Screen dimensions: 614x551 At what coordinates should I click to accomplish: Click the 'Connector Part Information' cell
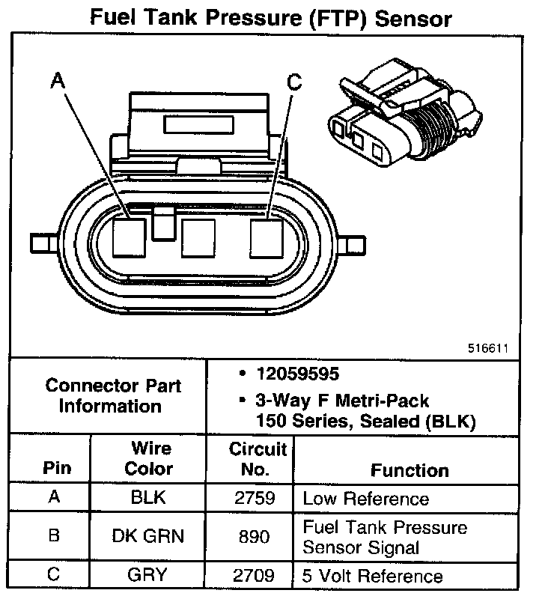pos(112,396)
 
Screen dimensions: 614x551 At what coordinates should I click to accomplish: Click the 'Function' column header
pos(409,470)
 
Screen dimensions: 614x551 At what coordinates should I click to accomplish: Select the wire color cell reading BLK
pos(147,498)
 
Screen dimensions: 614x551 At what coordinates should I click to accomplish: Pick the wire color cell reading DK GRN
pos(147,536)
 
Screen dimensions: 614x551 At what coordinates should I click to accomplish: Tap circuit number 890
pos(255,536)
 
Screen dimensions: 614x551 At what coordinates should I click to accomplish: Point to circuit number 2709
pos(255,576)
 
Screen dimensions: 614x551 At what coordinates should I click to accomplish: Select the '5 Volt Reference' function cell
pos(372,576)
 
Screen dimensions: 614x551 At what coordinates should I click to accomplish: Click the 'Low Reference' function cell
pos(365,499)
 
